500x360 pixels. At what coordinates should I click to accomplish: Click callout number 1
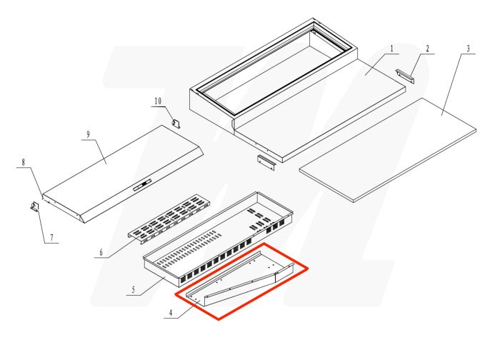point(392,49)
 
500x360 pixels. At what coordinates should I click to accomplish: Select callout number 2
point(427,49)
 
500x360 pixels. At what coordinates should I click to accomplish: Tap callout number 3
point(468,49)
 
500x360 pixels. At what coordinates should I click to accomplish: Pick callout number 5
point(132,291)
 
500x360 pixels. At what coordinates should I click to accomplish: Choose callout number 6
point(101,252)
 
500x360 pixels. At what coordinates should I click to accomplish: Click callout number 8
point(24,162)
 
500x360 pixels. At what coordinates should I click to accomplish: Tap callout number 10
point(159,101)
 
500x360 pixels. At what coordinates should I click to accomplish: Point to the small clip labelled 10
point(174,122)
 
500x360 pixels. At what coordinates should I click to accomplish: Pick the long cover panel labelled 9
point(121,171)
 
